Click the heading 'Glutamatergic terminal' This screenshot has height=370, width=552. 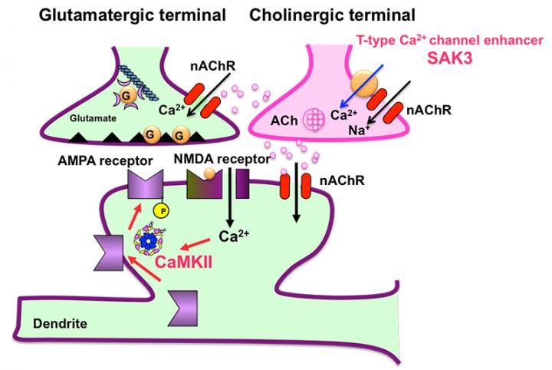click(x=132, y=15)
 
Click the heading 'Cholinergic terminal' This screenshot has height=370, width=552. click(x=332, y=15)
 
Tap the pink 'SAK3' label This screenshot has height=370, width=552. click(x=449, y=58)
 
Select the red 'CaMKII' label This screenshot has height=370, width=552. click(x=184, y=262)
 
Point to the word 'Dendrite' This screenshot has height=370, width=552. click(x=60, y=323)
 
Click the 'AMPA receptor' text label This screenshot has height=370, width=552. click(x=105, y=160)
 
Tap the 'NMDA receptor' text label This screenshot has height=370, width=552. click(x=222, y=159)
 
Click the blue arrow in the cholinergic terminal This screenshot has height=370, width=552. click(x=361, y=85)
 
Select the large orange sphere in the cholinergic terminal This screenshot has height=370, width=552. click(x=364, y=84)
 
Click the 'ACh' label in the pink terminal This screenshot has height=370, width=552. click(x=284, y=121)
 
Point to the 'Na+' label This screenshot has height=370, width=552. click(x=359, y=130)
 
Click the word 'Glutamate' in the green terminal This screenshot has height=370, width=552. click(x=93, y=118)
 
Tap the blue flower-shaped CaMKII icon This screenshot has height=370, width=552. click(x=149, y=240)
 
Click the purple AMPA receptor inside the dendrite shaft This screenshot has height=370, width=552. click(x=182, y=309)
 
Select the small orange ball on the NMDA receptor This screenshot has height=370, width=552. click(x=209, y=173)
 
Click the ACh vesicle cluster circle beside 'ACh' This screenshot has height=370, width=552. click(x=314, y=118)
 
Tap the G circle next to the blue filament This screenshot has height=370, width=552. click(x=126, y=94)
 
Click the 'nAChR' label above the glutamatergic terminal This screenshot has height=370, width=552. click(x=212, y=66)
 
